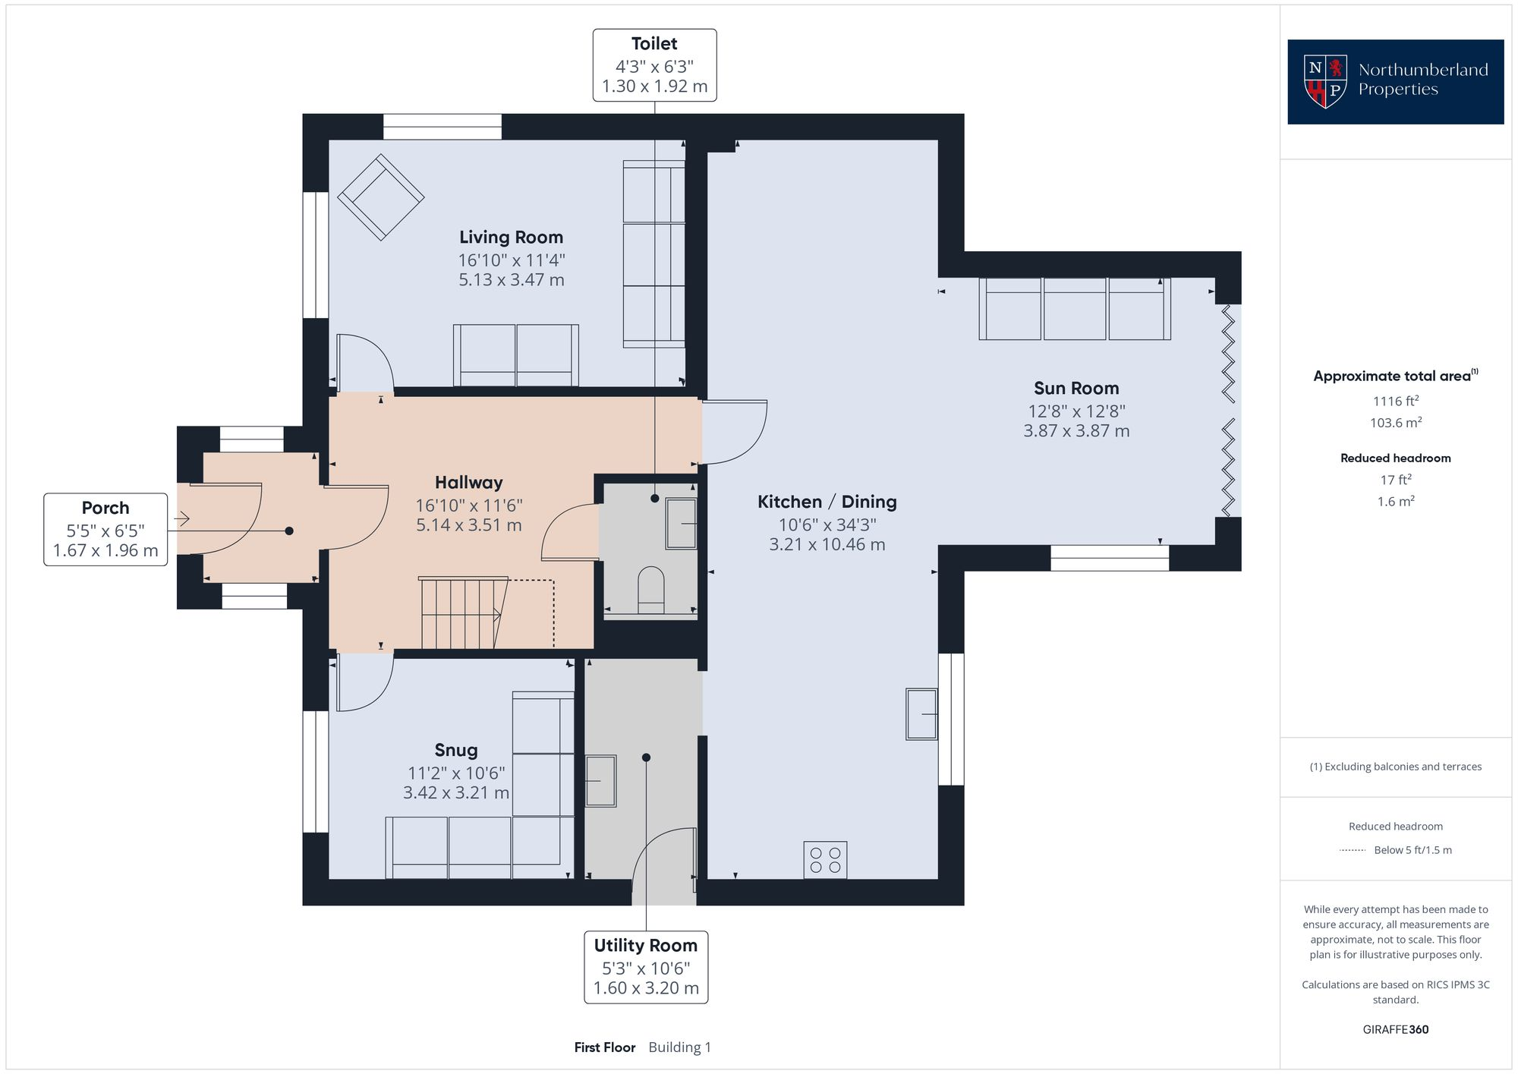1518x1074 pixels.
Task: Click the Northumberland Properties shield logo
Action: click(x=1325, y=80)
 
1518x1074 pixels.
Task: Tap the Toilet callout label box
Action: click(x=654, y=65)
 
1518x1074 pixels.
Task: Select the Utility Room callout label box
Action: click(x=646, y=967)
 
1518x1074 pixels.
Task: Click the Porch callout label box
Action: click(x=106, y=529)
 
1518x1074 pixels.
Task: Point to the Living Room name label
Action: click(x=511, y=238)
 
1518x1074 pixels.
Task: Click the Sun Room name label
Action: click(x=1076, y=389)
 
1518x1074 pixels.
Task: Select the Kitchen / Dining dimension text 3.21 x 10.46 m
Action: click(x=827, y=544)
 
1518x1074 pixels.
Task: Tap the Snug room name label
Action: click(x=456, y=750)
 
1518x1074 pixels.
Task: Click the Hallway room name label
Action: click(x=468, y=483)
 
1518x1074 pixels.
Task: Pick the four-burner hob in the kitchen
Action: click(x=825, y=860)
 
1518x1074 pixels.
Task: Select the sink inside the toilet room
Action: click(x=681, y=523)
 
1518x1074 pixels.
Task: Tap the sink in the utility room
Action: click(x=600, y=780)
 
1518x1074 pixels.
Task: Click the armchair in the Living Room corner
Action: click(x=380, y=197)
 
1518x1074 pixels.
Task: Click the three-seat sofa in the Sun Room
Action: click(x=1074, y=308)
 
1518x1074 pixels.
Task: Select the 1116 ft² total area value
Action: click(x=1395, y=402)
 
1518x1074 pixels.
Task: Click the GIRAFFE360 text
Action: click(x=1395, y=1029)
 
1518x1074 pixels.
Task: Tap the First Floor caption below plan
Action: click(x=604, y=1047)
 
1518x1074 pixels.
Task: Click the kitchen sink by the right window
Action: click(x=921, y=713)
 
